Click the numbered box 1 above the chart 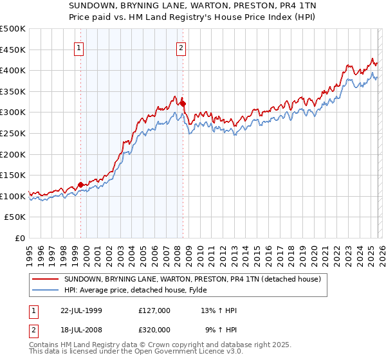pyautogui.click(x=78, y=47)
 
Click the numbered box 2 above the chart pyautogui.click(x=181, y=47)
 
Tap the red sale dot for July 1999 pyautogui.click(x=80, y=184)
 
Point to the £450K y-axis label pyautogui.click(x=13, y=50)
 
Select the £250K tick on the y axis pyautogui.click(x=13, y=133)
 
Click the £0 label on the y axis pyautogui.click(x=19, y=238)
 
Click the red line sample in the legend pyautogui.click(x=46, y=279)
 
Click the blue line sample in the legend pyautogui.click(x=46, y=290)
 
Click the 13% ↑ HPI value pyautogui.click(x=219, y=310)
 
